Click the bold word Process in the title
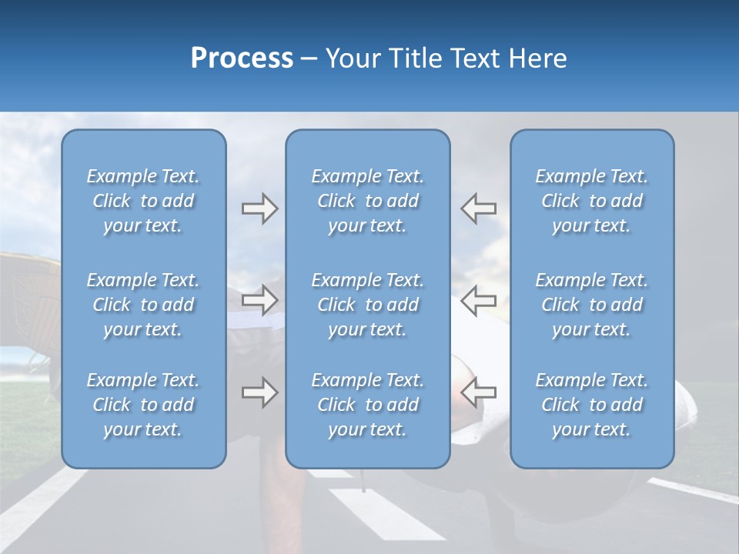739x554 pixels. [242, 58]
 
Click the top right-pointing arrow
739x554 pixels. [259, 209]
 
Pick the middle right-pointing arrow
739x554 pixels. [259, 300]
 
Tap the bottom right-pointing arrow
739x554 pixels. [259, 392]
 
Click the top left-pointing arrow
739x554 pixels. [478, 209]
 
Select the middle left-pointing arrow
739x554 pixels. [478, 300]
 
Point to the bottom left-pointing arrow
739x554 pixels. [478, 392]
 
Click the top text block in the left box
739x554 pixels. [143, 201]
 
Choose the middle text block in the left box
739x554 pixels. [143, 305]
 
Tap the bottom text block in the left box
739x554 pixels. [143, 405]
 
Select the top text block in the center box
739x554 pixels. [368, 201]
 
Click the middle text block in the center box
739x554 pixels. [368, 305]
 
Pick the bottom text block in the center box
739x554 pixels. [368, 405]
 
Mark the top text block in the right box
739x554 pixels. [592, 201]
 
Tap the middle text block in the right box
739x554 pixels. [592, 305]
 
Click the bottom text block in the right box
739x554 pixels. [592, 405]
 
